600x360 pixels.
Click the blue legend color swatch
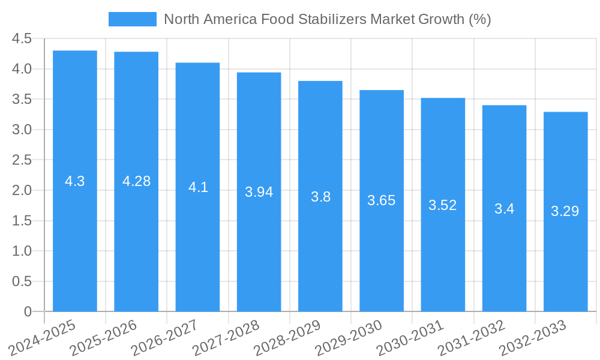pos(132,19)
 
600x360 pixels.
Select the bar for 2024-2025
pos(75,240)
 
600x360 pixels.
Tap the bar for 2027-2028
pos(259,252)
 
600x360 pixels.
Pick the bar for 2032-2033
pos(565,264)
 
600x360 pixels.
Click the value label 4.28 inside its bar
pos(136,181)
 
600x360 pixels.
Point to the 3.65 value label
pos(382,200)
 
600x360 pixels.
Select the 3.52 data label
pos(443,205)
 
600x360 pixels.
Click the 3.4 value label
pos(504,209)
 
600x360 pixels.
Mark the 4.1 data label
pos(198,187)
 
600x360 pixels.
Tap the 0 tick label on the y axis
pos(28,312)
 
